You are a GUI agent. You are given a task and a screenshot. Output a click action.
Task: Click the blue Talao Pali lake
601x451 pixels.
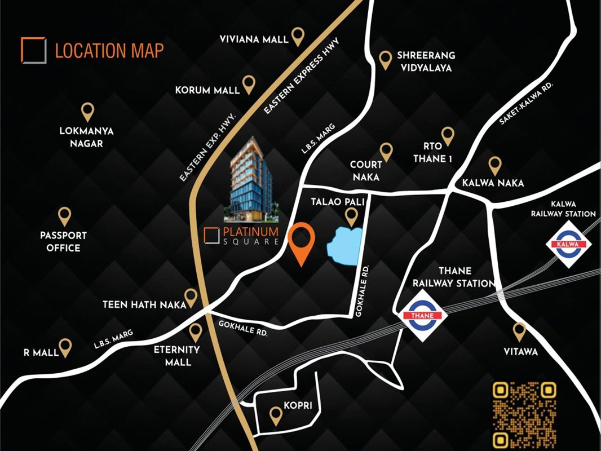344,245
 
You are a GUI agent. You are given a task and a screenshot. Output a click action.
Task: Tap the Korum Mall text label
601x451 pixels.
207,90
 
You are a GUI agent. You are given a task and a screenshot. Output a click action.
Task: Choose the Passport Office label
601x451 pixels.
64,241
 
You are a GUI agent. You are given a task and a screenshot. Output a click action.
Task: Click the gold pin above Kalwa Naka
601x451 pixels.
495,165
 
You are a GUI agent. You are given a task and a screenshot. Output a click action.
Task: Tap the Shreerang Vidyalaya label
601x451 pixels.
426,62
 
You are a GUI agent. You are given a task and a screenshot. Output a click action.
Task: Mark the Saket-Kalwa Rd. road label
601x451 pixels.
526,103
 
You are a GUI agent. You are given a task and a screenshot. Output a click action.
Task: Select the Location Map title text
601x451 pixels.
109,51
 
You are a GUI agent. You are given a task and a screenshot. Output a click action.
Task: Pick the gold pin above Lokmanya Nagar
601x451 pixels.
87,111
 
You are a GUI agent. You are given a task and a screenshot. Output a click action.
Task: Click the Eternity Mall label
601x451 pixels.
176,356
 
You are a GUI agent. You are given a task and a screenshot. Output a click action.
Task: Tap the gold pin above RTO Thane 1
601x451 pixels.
448,135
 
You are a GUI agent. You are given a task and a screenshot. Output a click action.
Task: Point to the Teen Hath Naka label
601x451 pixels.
144,305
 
